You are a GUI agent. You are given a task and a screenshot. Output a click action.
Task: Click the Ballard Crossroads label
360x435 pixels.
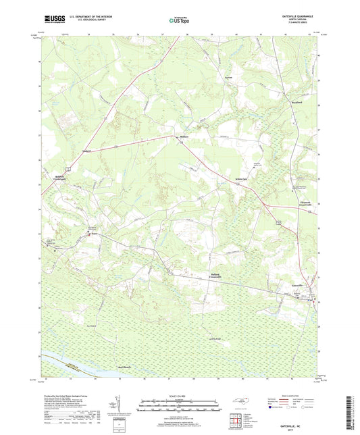coord(213,276)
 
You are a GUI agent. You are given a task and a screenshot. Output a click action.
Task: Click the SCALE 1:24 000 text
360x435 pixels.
coord(180,397)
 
